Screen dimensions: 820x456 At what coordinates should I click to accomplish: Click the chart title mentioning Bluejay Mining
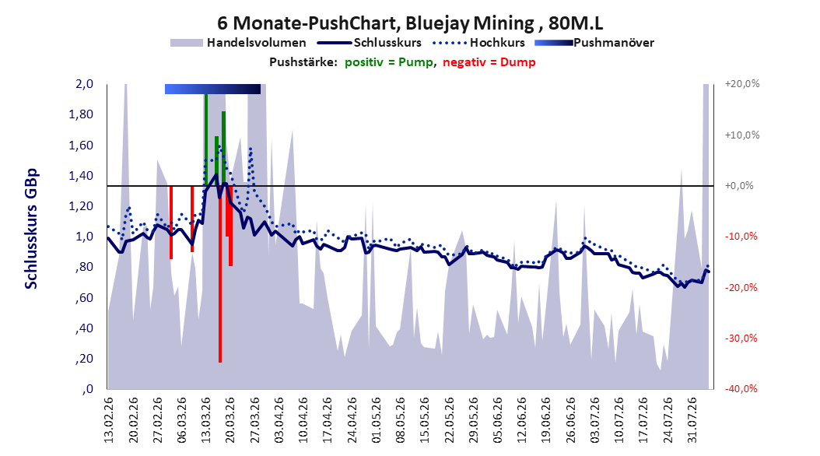coord(410,23)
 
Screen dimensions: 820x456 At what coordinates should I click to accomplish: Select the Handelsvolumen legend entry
coord(238,43)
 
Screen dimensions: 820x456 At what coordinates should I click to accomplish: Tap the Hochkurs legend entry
coord(476,43)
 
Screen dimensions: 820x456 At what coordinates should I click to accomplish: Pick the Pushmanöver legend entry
coord(594,43)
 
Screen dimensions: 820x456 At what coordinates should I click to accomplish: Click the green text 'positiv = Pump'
coord(389,62)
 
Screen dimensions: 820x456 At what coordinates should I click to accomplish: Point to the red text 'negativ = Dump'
coord(489,62)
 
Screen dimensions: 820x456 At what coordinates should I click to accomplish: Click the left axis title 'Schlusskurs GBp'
coord(31,229)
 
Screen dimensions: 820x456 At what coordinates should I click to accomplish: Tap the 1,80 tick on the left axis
coord(81,114)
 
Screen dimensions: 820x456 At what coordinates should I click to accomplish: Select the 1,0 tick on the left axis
coord(84,237)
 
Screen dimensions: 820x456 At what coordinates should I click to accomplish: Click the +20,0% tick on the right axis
coord(742,84)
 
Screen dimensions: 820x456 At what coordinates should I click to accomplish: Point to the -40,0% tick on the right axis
coord(741,388)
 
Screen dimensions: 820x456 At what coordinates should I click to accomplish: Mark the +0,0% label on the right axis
coord(739,186)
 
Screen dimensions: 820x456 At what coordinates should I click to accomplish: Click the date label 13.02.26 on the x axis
coord(109,420)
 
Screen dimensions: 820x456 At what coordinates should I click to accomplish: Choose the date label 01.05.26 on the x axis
coord(377,420)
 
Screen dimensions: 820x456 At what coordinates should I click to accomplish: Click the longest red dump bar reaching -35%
coord(220,274)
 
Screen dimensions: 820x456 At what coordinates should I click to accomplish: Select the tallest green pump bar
coord(206,140)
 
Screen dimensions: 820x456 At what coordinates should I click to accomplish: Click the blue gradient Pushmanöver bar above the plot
coord(212,89)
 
